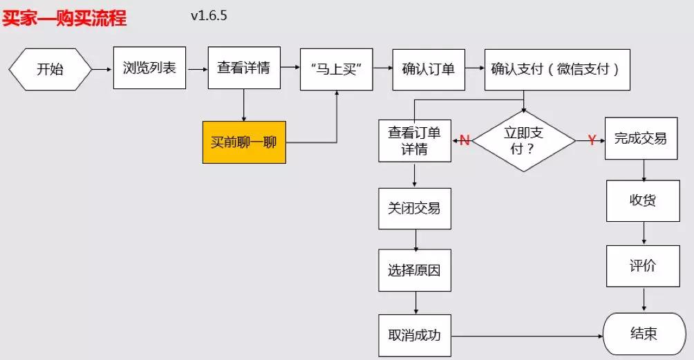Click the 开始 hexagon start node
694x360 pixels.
pos(50,69)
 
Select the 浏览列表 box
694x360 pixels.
pos(149,68)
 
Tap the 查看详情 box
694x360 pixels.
pos(243,68)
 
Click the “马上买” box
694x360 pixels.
pos(337,69)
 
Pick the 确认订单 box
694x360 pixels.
pos(429,69)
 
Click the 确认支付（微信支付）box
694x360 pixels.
pos(557,69)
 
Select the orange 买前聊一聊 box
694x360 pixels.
pos(244,142)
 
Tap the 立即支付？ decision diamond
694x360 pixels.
pos(523,140)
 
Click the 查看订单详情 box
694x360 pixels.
pos(415,140)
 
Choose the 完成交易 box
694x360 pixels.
pos(641,139)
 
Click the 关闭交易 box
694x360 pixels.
pos(415,208)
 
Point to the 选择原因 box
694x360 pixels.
pos(415,269)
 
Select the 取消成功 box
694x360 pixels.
pos(415,336)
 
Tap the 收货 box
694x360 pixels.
pos(643,200)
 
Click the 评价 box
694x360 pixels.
pos(643,266)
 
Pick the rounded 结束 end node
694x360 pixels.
pos(644,334)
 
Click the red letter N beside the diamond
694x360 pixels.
pos(465,140)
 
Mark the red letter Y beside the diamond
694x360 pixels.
pos(592,140)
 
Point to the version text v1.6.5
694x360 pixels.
pos(209,15)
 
